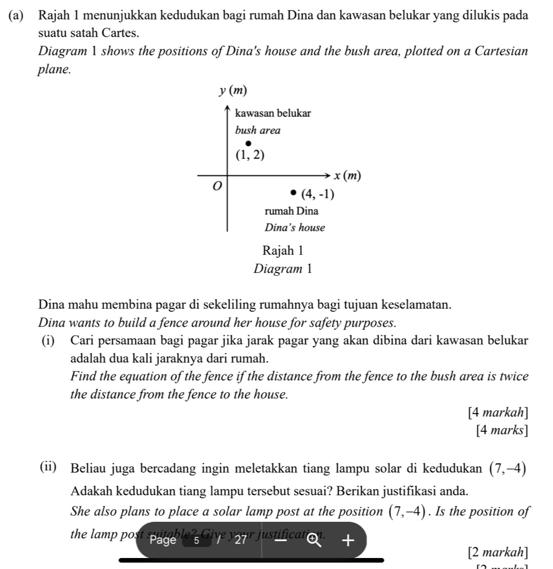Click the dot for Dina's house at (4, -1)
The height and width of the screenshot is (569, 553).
294,193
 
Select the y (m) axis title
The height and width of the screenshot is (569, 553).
233,91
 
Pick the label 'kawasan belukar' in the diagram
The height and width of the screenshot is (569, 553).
273,113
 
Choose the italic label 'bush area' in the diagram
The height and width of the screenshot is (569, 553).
257,130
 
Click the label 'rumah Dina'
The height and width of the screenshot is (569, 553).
291,211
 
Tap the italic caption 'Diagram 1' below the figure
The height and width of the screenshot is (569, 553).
283,268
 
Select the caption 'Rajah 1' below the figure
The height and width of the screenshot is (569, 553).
283,250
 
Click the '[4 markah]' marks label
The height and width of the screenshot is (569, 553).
497,413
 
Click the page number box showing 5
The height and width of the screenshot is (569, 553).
197,540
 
